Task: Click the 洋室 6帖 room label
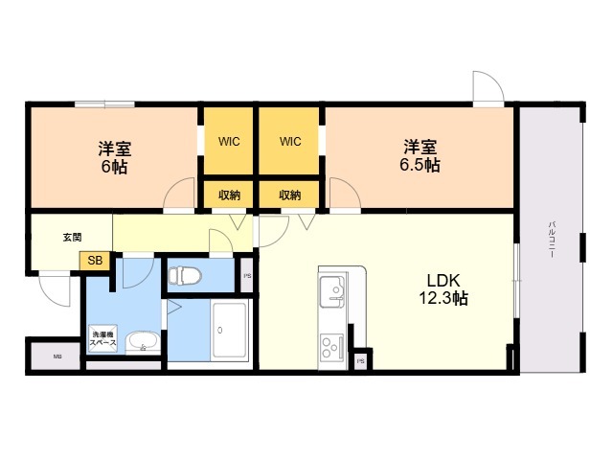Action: tap(114, 157)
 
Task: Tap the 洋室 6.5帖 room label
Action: tap(420, 156)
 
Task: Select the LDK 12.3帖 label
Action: tap(443, 289)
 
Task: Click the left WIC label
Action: tap(228, 142)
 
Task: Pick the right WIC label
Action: tap(290, 142)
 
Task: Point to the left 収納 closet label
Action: tap(228, 195)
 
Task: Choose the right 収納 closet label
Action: tap(290, 195)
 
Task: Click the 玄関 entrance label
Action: tap(72, 237)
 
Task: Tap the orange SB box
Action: tap(96, 260)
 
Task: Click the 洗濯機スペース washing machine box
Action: tap(105, 338)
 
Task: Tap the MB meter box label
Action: tap(57, 356)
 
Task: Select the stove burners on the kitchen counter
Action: tap(331, 346)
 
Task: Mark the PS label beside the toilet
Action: tap(247, 277)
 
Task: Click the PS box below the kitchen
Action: tap(361, 360)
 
